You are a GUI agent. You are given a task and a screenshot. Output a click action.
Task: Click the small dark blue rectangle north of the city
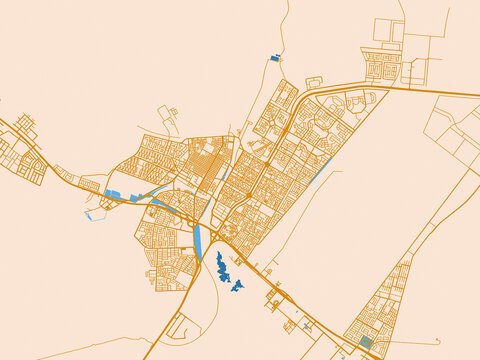coord(275,58)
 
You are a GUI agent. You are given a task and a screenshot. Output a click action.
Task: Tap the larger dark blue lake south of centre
coord(221,267)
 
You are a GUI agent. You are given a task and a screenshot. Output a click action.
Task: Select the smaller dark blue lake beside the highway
coord(238,287)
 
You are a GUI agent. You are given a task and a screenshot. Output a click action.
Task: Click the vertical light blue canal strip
coord(198,241)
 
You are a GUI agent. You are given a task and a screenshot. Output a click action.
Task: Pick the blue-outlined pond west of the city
coord(95,214)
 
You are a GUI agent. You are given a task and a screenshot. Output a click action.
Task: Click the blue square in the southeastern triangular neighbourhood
coord(365,342)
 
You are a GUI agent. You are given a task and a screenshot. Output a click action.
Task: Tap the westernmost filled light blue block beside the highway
coord(112,194)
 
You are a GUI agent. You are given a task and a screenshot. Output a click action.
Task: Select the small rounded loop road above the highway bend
coord(313,82)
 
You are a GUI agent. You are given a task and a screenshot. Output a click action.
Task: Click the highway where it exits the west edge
coord(2,121)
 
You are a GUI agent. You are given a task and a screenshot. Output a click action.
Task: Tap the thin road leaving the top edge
coord(287,3)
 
